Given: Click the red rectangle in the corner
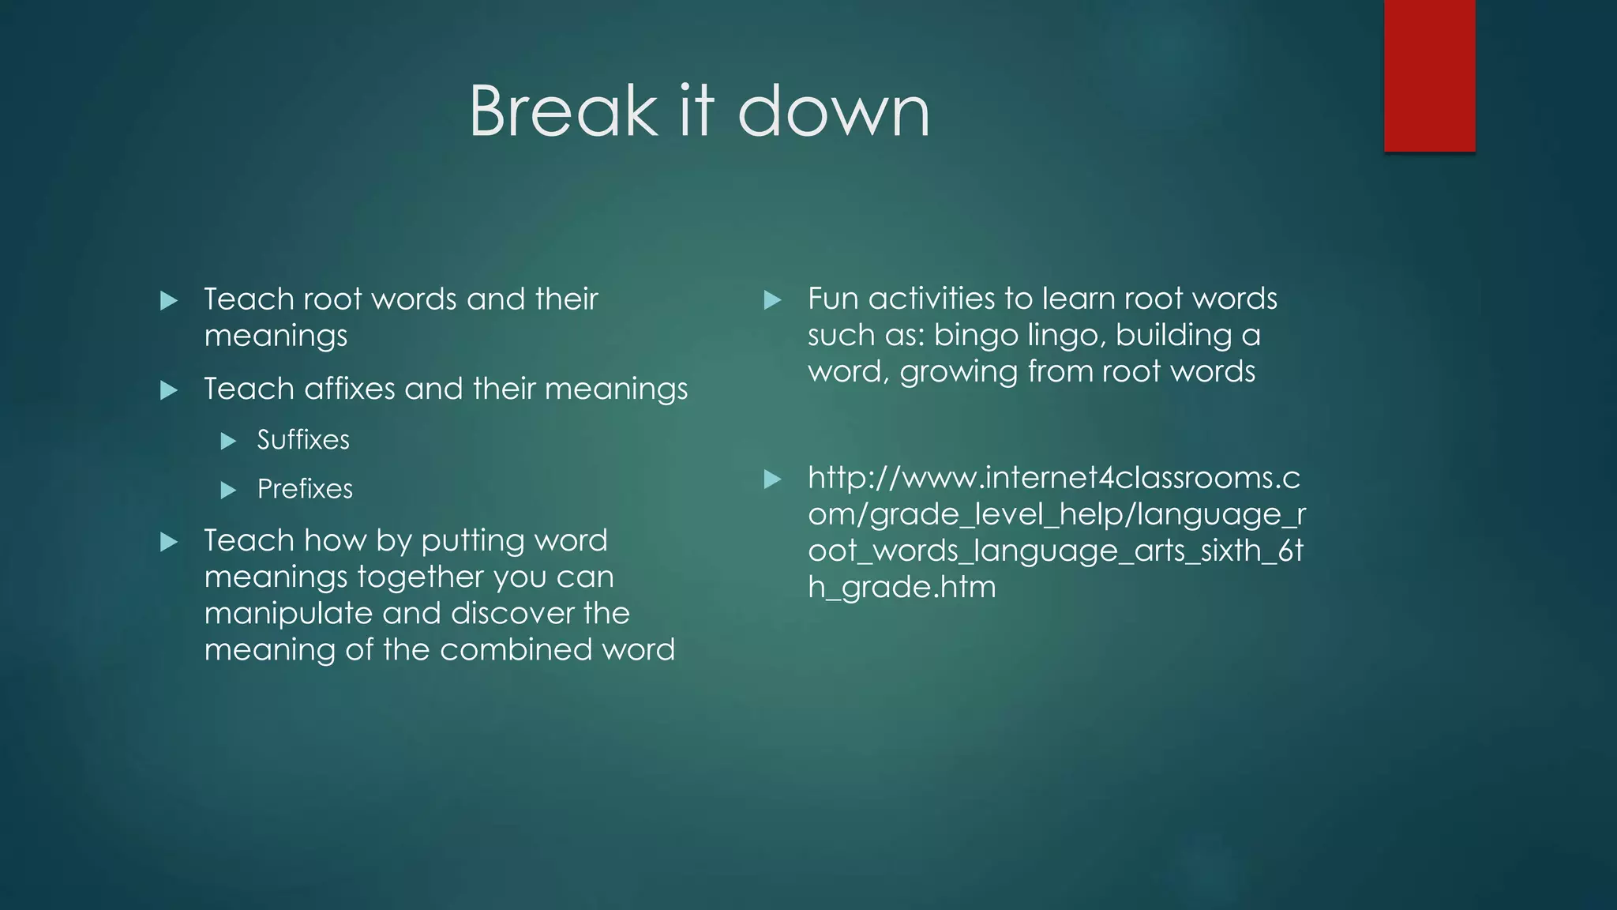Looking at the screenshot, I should click(1429, 76).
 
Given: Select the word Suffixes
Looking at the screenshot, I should click(303, 440).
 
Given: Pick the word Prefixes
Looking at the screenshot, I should click(305, 489).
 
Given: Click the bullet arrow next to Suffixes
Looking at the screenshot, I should click(229, 441).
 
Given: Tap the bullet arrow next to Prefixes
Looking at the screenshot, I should click(229, 491).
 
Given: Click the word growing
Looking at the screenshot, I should click(959, 372).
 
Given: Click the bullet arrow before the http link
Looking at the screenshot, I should click(773, 479).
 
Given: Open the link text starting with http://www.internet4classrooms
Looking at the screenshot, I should click(1053, 478).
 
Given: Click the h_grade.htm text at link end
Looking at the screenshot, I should click(902, 587).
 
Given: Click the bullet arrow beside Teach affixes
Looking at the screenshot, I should click(169, 390).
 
